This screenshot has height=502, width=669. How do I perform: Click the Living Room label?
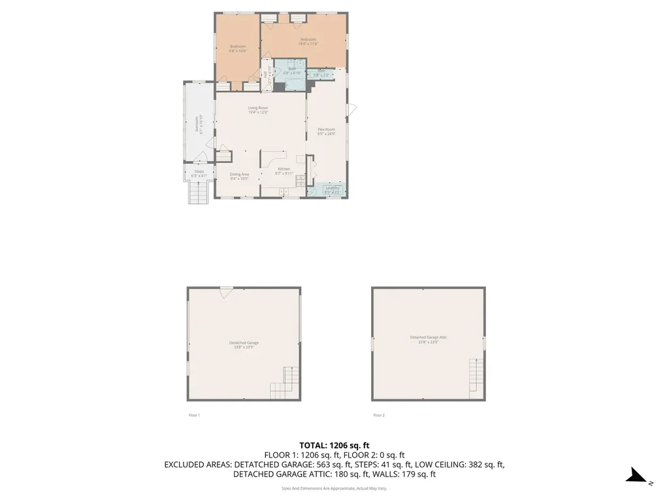point(258,108)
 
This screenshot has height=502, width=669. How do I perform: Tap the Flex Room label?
point(326,129)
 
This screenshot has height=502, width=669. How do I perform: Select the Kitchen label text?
point(284,169)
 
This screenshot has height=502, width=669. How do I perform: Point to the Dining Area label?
point(239,174)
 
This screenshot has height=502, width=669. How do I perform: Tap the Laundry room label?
point(333,188)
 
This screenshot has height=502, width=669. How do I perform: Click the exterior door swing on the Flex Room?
point(352,110)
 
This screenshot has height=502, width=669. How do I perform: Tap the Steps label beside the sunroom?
point(199,171)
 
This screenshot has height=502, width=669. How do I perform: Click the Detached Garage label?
point(244,343)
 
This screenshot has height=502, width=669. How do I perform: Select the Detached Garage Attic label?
point(428,337)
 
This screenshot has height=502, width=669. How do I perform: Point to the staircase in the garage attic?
point(476,375)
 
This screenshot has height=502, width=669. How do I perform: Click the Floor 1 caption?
point(194,415)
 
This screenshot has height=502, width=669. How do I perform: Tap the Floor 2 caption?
point(379,415)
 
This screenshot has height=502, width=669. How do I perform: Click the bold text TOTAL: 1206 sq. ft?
point(334,444)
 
